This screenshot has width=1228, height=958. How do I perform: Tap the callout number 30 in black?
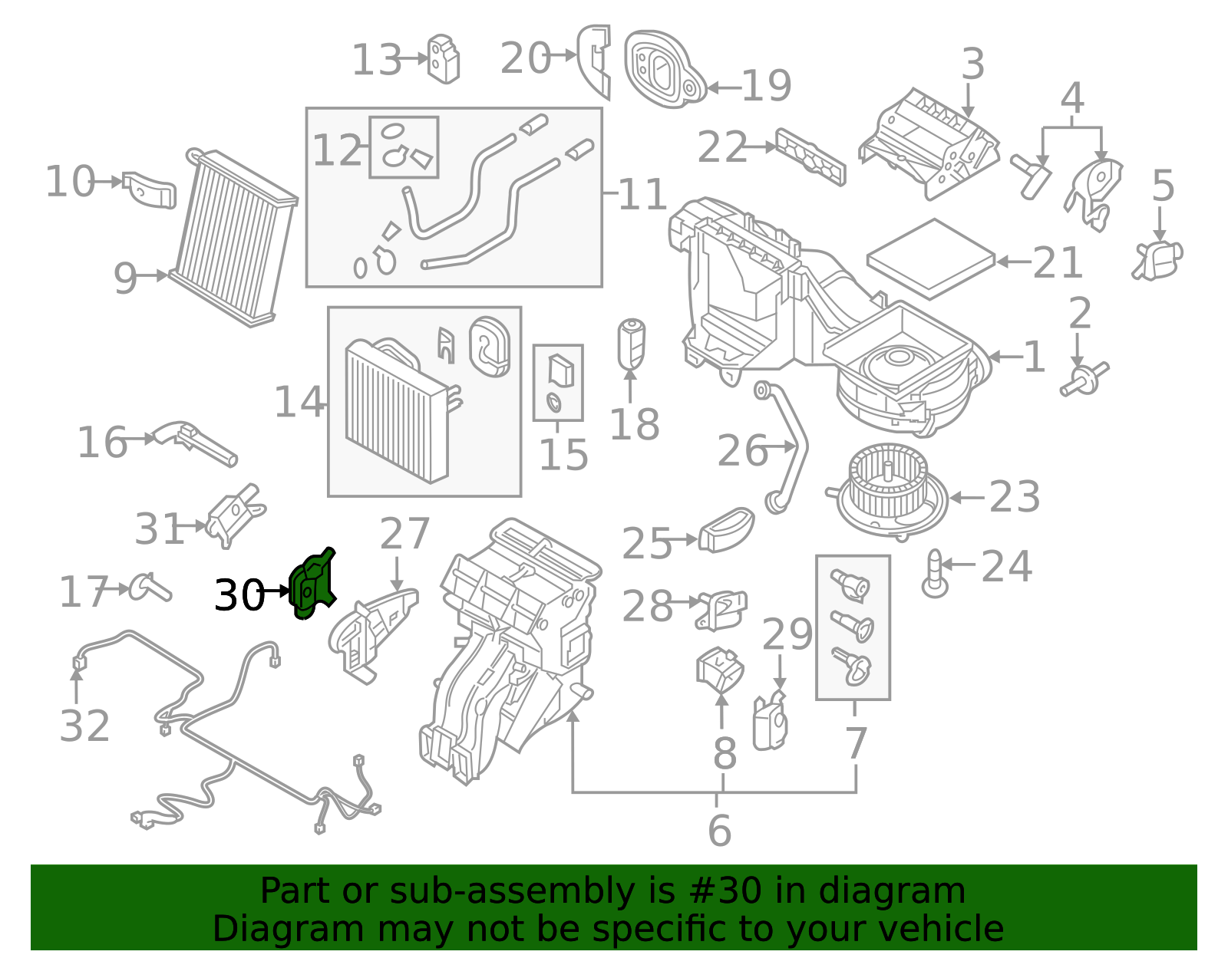(x=239, y=595)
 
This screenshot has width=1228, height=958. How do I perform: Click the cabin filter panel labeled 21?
(x=930, y=258)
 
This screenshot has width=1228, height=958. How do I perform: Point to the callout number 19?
(x=766, y=86)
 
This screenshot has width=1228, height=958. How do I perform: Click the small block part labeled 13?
(x=444, y=58)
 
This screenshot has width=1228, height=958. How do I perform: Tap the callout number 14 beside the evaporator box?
(x=299, y=402)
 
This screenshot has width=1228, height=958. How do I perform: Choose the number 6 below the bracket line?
(x=719, y=831)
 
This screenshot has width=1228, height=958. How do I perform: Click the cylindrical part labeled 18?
(x=631, y=344)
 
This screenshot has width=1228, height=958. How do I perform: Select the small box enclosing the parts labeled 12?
(x=404, y=147)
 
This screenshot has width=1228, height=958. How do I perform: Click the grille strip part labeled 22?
(x=810, y=156)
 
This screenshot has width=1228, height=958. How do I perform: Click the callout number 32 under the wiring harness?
(x=84, y=726)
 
